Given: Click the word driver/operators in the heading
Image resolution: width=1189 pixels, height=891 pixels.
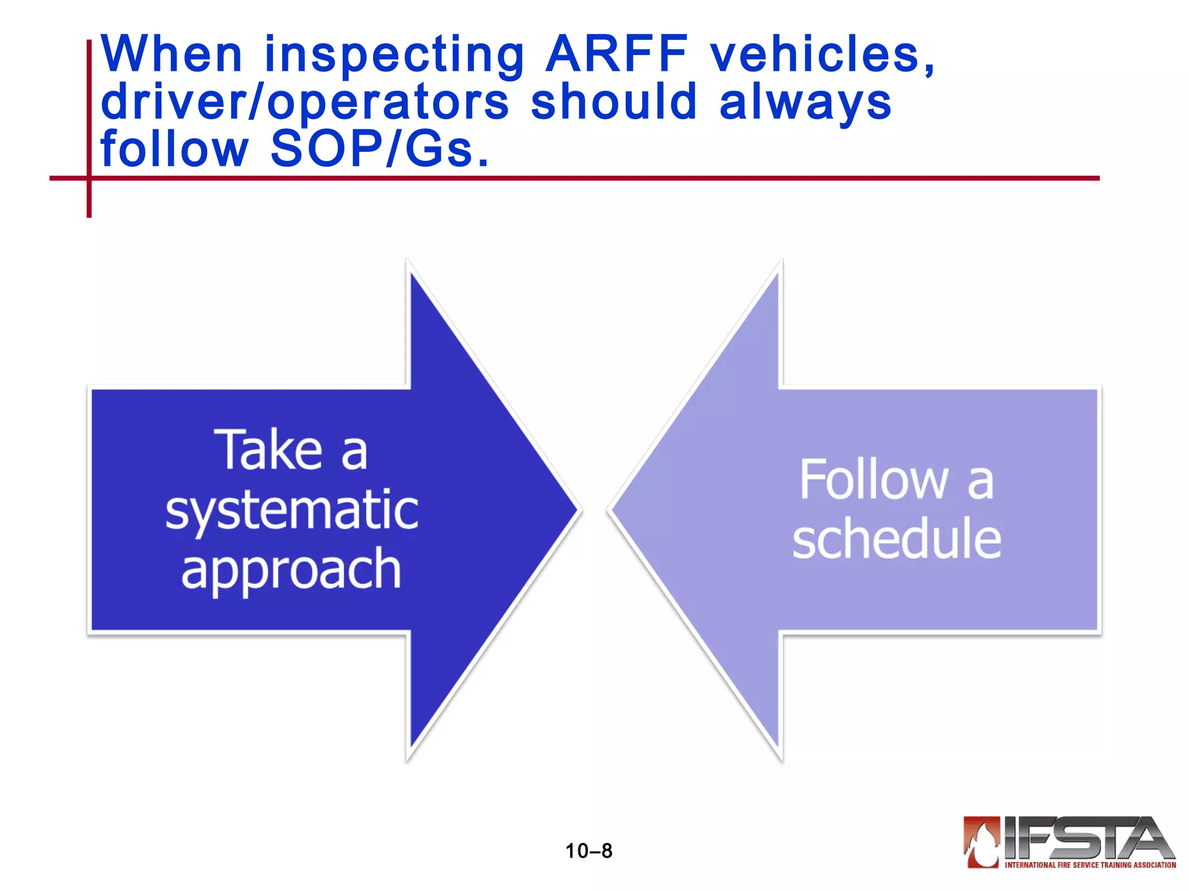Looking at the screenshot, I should coord(304,103).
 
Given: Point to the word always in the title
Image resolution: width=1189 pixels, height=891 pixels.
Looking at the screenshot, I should coord(805,103).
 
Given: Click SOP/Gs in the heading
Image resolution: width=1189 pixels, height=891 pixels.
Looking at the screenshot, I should coord(380,150).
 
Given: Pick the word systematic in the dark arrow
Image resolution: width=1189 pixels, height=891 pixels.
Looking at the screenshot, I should coord(291,510).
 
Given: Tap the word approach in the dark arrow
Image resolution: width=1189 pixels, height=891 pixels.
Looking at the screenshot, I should coord(291,570).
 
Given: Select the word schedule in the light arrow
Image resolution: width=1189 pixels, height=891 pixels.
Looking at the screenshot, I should coord(896,539).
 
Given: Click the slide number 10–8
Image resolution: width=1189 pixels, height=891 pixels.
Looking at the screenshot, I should coord(589,851).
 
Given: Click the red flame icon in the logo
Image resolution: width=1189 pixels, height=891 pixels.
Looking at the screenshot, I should coord(982,842).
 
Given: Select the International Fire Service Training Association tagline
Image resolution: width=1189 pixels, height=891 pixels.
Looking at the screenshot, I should coord(1090,865).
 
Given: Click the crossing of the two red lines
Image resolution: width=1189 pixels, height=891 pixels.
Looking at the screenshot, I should coord(89,178).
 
